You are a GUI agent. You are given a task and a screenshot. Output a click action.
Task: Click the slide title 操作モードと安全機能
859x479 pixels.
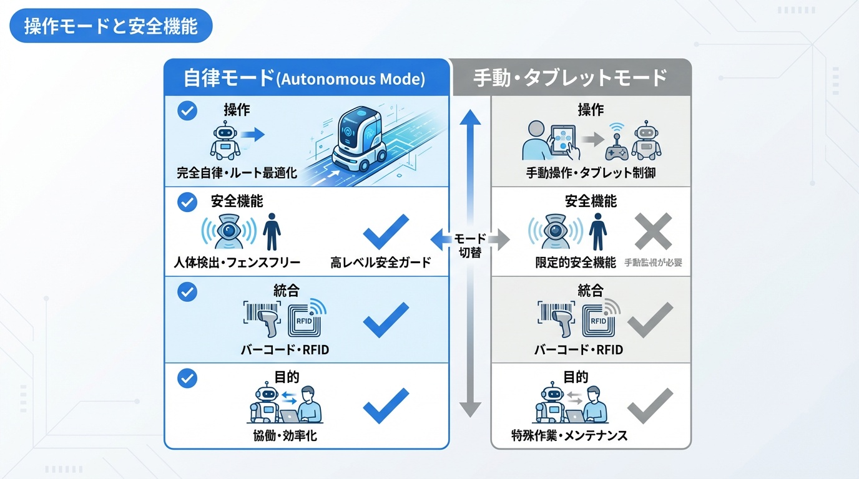click(x=111, y=27)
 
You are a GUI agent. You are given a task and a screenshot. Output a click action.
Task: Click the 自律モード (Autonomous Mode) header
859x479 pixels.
click(x=304, y=79)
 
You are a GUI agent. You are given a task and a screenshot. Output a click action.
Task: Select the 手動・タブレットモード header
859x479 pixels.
click(x=570, y=79)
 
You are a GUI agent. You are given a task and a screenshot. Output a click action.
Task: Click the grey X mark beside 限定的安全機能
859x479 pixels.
click(x=653, y=231)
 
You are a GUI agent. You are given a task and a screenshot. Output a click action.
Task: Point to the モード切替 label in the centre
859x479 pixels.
click(x=469, y=246)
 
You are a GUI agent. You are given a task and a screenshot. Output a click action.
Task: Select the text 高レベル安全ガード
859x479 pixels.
click(x=380, y=263)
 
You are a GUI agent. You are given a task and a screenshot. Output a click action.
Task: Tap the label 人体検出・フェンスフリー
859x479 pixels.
click(x=237, y=263)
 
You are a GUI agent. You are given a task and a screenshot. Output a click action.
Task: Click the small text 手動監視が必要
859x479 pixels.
click(x=653, y=263)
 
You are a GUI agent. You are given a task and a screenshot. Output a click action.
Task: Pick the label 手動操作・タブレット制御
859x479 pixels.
click(x=591, y=173)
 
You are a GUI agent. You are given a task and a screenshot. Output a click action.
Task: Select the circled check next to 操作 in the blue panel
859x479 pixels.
click(x=187, y=111)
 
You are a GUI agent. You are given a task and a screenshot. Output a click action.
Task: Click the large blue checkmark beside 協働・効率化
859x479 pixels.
click(x=386, y=405)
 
